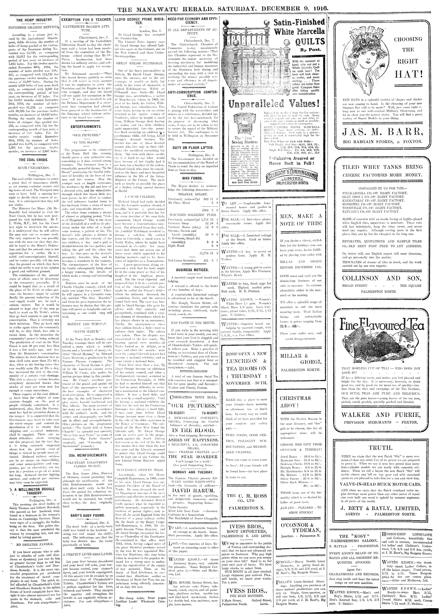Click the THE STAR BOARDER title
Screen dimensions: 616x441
click(x=193, y=457)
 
